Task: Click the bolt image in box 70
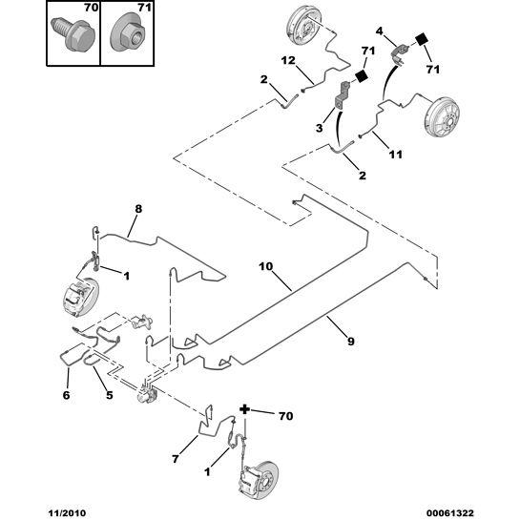(x=73, y=34)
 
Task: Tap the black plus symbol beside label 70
(x=244, y=409)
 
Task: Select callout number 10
(x=265, y=266)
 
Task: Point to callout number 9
(x=351, y=341)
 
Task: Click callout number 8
(x=138, y=209)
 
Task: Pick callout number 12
(x=288, y=61)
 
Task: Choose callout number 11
(x=395, y=155)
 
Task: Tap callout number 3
(x=319, y=128)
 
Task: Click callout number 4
(x=379, y=31)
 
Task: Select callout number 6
(x=66, y=395)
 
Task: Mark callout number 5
(x=109, y=395)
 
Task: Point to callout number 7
(x=176, y=459)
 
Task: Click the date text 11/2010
(x=67, y=513)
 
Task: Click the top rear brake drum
(x=303, y=25)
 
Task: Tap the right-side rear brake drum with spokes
(x=442, y=116)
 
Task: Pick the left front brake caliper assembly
(x=80, y=297)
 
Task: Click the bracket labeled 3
(x=342, y=95)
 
